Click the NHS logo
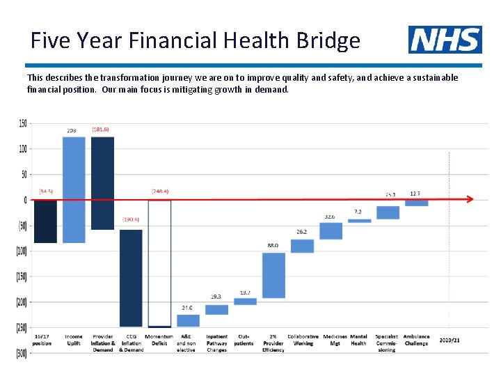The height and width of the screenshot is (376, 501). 445,40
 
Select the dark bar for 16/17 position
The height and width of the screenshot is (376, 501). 45,221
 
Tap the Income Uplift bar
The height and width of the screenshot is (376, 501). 74,189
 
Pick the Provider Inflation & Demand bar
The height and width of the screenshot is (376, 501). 102,183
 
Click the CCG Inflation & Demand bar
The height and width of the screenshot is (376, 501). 132,278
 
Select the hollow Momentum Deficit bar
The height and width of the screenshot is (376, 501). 159,263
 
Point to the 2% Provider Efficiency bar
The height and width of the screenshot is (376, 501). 273,275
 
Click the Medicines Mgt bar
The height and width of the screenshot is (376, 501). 331,230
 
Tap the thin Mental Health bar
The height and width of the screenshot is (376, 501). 360,221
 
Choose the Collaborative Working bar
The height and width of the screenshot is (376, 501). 302,246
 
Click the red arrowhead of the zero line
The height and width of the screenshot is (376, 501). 470,199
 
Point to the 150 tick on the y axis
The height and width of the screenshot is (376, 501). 23,124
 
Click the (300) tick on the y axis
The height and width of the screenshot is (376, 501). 22,353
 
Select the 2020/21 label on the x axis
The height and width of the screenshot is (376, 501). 450,339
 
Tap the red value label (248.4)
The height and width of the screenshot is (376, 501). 160,191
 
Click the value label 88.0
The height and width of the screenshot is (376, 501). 273,245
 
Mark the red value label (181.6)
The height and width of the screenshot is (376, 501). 100,130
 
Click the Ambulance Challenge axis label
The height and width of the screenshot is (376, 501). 416,340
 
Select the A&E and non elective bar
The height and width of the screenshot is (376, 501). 188,320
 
